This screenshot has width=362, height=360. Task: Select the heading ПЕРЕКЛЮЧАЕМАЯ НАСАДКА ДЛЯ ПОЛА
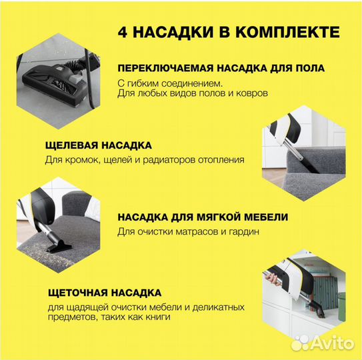point(221,69)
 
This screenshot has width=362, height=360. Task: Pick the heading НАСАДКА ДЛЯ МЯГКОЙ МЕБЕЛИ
point(203,218)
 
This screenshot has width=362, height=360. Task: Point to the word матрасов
point(201,232)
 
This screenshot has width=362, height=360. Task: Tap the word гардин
point(242,232)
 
